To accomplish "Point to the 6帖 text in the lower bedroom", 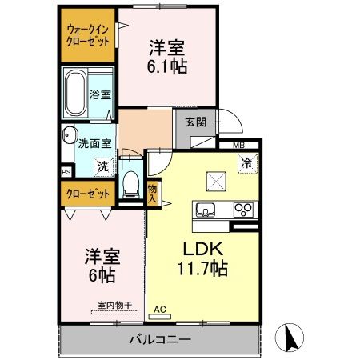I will pyautogui.click(x=102, y=276).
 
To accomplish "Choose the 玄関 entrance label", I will pyautogui.click(x=195, y=122).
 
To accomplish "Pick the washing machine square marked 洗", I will pyautogui.click(x=102, y=166).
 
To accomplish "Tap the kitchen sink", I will pyautogui.click(x=206, y=210).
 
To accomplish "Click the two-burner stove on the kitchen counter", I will pyautogui.click(x=242, y=210).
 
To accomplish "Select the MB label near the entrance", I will pyautogui.click(x=238, y=145).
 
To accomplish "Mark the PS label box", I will pyautogui.click(x=66, y=171).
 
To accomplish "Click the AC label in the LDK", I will pyautogui.click(x=159, y=309).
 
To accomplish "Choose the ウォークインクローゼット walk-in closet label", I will pyautogui.click(x=88, y=34).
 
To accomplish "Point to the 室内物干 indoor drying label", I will pyautogui.click(x=115, y=304).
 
